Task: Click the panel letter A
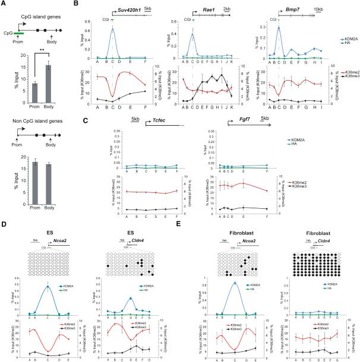click(x=4, y=5)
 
